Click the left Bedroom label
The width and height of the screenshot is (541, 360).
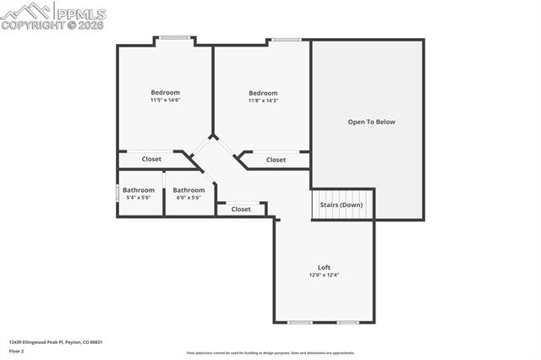(x=165, y=92)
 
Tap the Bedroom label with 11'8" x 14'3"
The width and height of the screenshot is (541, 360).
(x=263, y=93)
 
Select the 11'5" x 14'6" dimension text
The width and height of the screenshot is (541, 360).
(x=165, y=101)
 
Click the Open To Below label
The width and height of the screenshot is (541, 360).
(x=371, y=122)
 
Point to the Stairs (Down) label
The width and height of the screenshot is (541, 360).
(x=342, y=205)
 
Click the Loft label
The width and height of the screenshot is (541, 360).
(x=324, y=267)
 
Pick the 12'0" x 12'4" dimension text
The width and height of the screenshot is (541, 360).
(x=324, y=275)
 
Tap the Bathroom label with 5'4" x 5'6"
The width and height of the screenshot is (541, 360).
(x=138, y=190)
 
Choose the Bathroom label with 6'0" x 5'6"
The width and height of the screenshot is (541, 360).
(x=189, y=190)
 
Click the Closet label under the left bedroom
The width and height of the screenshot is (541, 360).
(x=151, y=159)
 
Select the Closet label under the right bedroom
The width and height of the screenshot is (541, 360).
(x=276, y=160)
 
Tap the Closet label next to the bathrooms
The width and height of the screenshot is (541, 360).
(x=241, y=209)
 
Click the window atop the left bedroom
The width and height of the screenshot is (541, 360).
(x=174, y=37)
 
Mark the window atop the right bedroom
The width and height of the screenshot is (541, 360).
(x=286, y=39)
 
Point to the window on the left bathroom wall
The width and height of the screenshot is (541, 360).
(x=117, y=193)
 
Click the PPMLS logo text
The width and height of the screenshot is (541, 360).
(x=81, y=12)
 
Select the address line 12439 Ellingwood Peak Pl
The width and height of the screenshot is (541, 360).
(x=55, y=342)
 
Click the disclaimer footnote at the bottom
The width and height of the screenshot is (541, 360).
(x=270, y=353)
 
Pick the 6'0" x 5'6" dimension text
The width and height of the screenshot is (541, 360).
(x=189, y=198)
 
